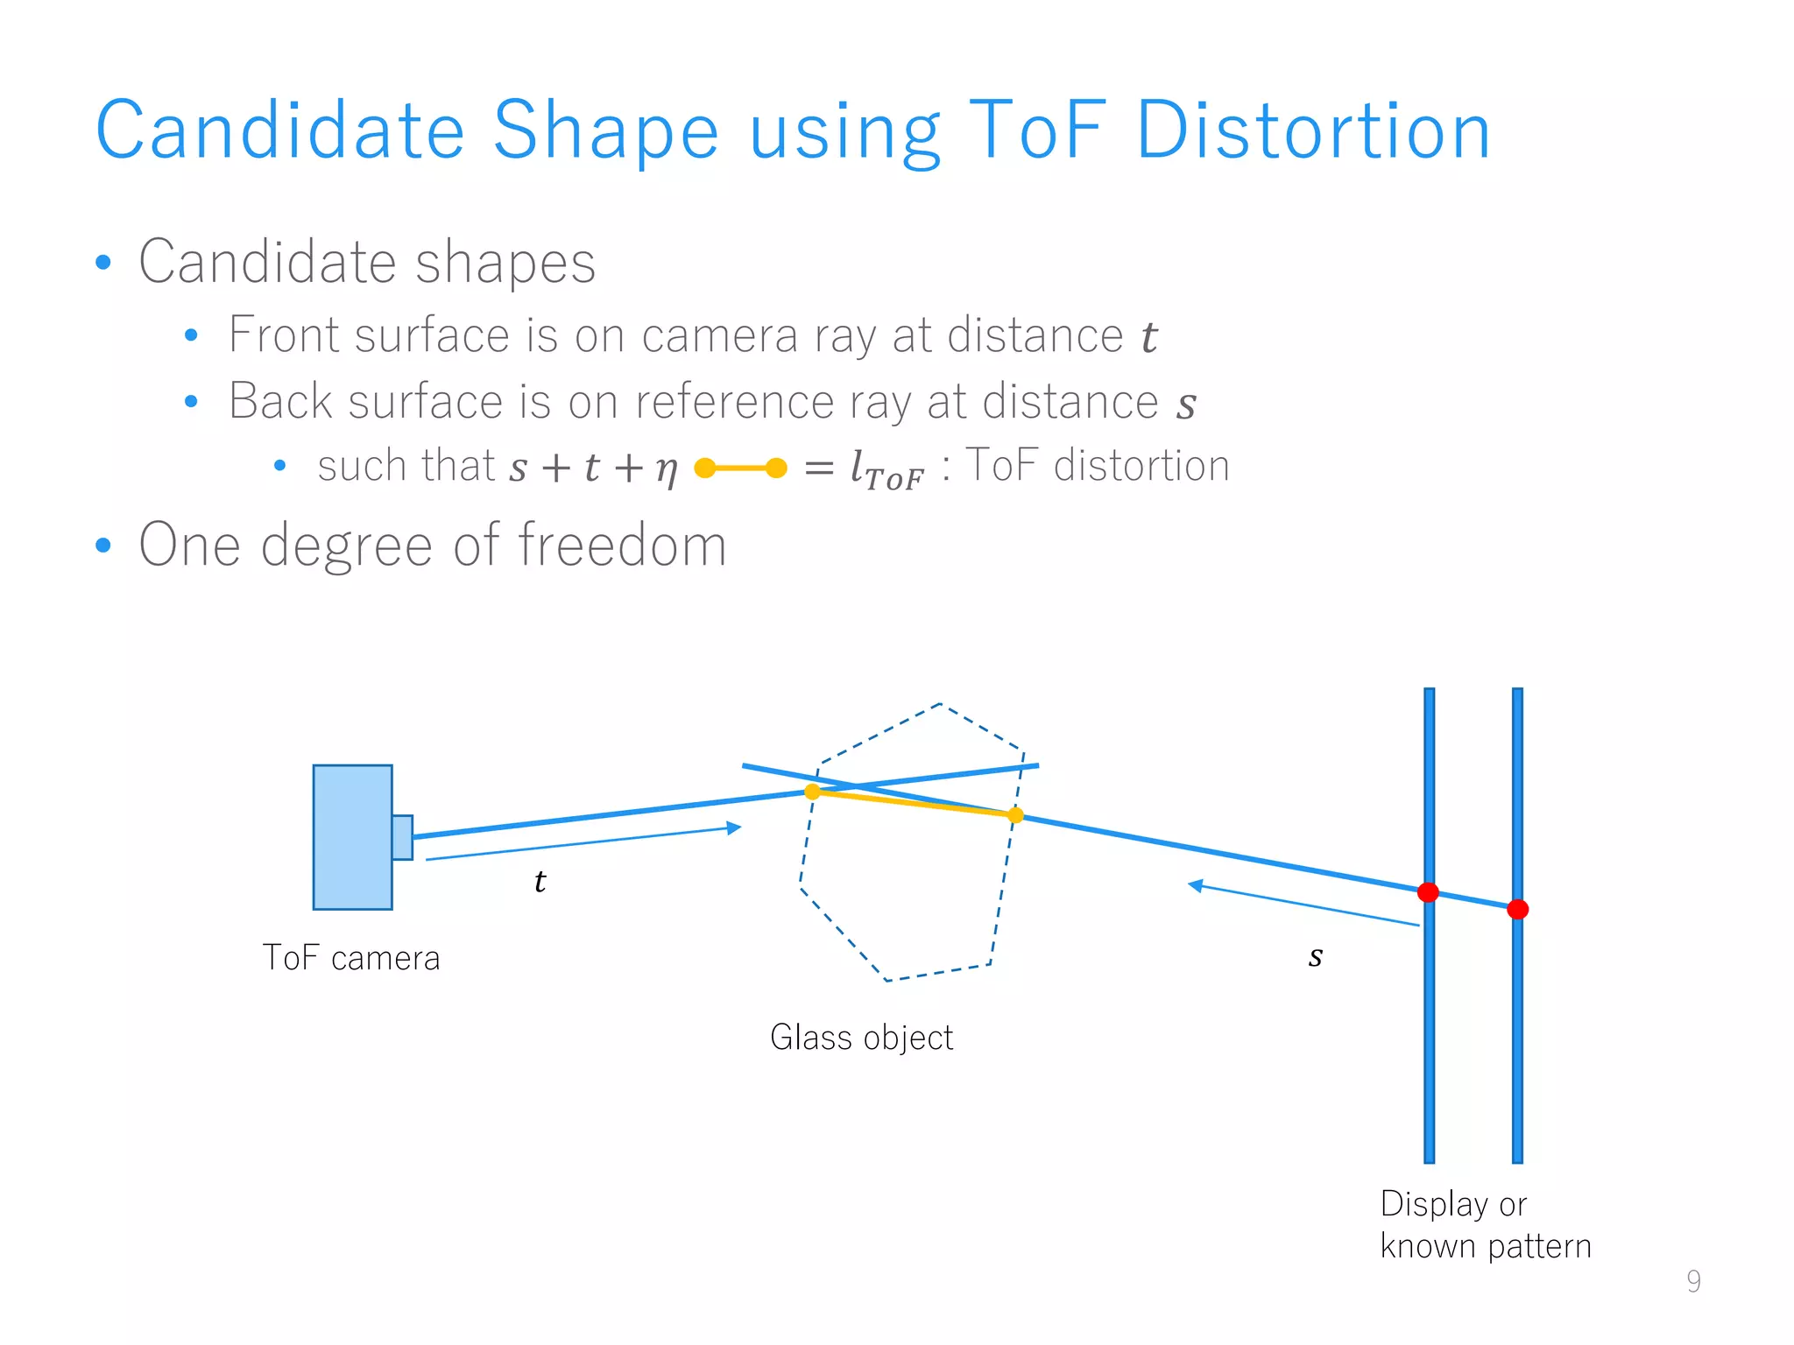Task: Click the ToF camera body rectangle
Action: point(352,837)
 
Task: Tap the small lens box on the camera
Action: point(402,837)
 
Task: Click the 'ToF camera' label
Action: point(351,958)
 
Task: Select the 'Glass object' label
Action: point(861,1038)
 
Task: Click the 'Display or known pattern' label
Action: point(1485,1225)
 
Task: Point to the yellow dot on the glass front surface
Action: point(812,792)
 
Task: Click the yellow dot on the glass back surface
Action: point(1015,815)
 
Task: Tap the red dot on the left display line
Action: point(1428,892)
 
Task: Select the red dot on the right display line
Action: point(1518,910)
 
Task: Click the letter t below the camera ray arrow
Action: point(540,881)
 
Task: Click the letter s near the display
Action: point(1316,956)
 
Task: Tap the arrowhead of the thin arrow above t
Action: point(734,827)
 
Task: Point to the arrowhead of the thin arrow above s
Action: point(1195,885)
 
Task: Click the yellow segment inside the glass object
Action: point(914,803)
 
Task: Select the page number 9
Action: point(1693,1281)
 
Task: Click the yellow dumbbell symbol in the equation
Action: point(740,468)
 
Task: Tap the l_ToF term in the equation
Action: point(886,469)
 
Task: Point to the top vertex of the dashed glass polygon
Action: point(940,703)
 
